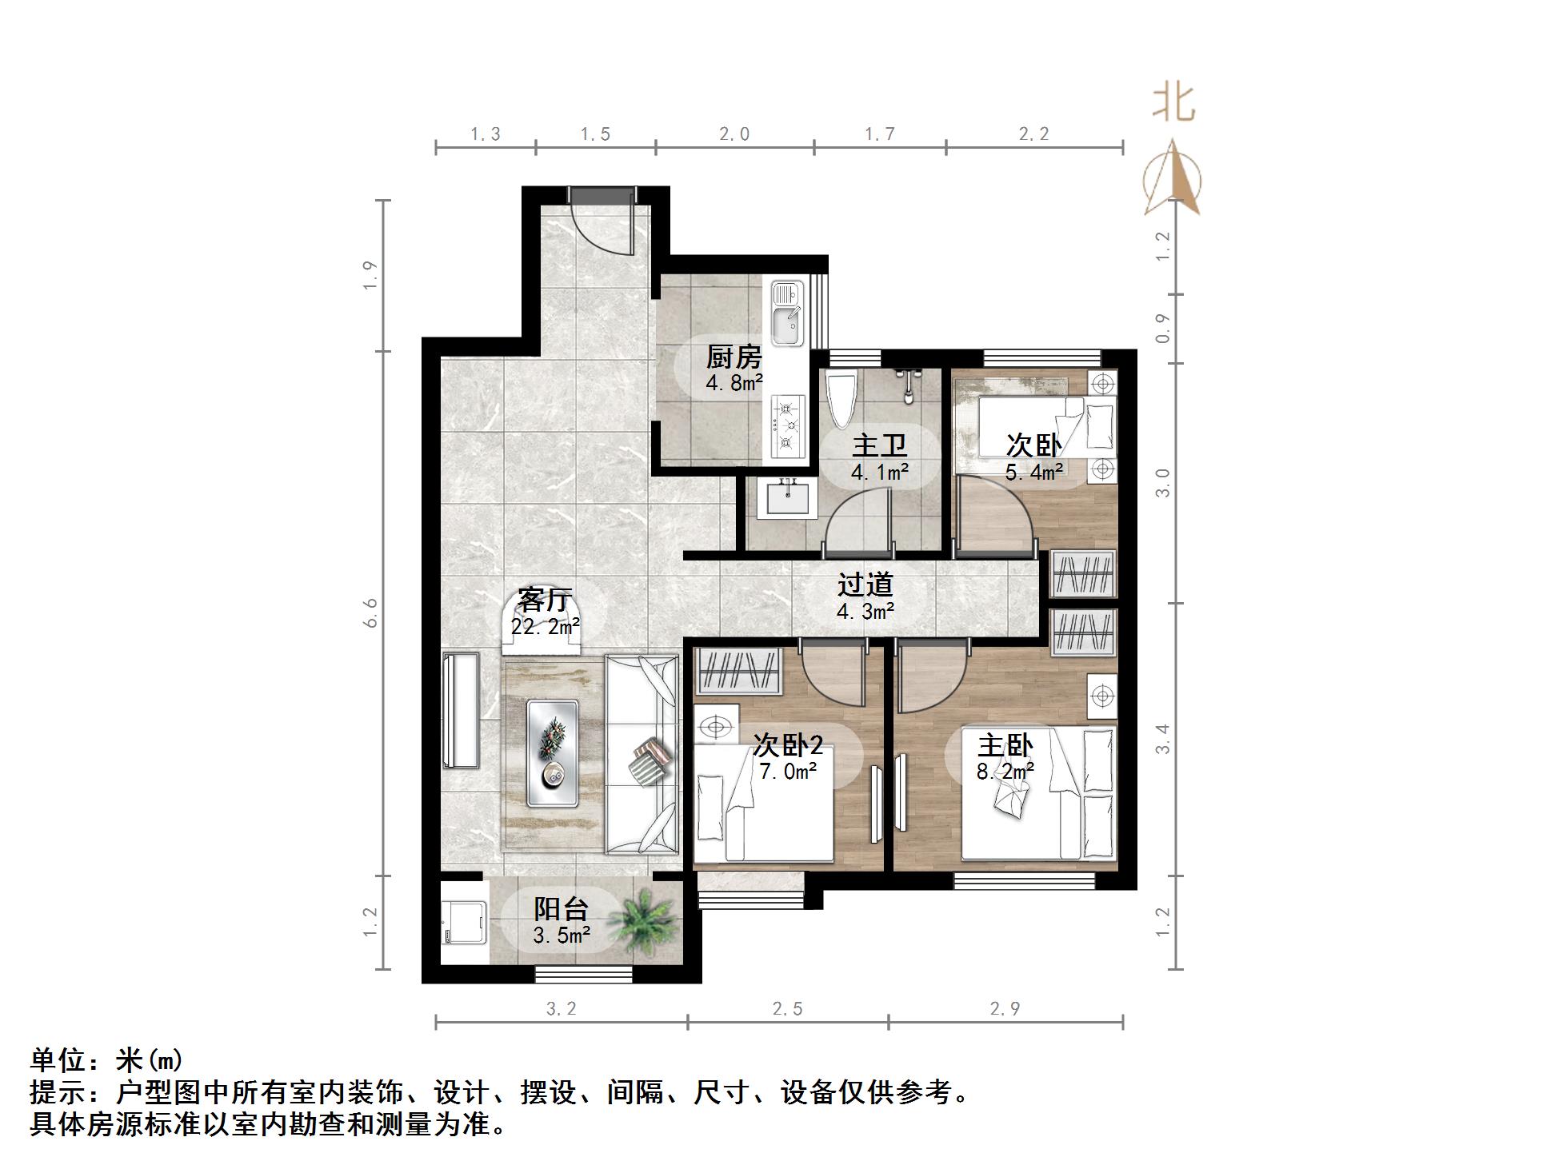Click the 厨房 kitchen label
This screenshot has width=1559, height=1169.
coord(734,357)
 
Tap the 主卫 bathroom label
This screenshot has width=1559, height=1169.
coord(879,445)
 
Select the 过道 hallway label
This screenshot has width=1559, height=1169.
coord(865,584)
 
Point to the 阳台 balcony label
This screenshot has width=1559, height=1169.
coord(561,908)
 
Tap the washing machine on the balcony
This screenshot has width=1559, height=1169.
coord(464,923)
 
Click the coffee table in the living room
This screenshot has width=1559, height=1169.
coord(553,752)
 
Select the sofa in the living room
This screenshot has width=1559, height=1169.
coord(642,754)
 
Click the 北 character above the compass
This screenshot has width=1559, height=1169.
coord(1173,104)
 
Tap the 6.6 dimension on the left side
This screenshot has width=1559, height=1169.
coord(370,612)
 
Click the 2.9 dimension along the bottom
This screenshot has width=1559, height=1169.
coord(1005,1008)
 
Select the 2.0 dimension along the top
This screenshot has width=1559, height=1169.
coord(734,134)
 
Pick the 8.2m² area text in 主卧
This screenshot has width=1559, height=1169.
coord(1005,771)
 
